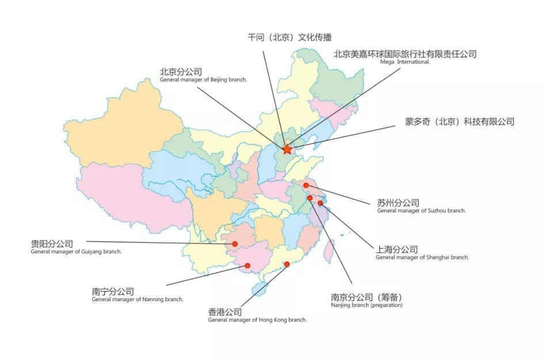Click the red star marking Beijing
287,150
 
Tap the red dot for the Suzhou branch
306,185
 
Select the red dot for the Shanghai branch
320,203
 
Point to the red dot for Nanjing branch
310,198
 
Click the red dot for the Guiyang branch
235,244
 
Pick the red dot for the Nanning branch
248,266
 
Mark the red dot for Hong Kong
287,264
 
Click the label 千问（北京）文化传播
290,37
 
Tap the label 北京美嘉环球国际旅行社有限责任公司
405,54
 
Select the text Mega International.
405,62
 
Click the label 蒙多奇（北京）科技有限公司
460,122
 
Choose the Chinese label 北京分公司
181,72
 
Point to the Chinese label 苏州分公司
398,203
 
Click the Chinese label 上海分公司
397,249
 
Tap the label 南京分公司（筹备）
367,297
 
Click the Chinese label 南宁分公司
113,291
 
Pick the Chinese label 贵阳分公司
52,244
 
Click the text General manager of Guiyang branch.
76,252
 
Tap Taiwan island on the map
329,251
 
